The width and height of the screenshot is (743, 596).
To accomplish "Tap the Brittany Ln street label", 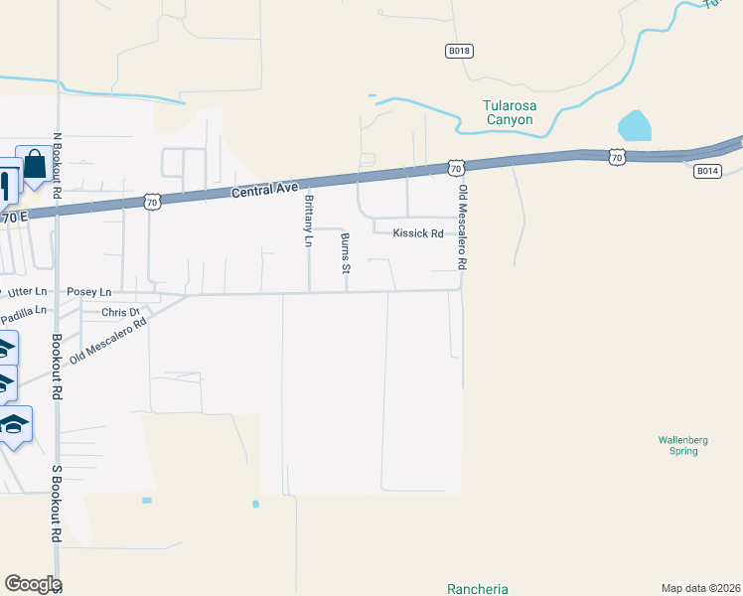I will pyautogui.click(x=308, y=221).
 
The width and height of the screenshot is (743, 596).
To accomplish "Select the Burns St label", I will pyautogui.click(x=346, y=253).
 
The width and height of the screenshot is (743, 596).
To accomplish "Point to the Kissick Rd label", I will pyautogui.click(x=417, y=234).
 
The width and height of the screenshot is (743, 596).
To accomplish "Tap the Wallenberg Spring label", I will pyautogui.click(x=679, y=445).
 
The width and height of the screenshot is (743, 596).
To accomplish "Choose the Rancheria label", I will pyautogui.click(x=478, y=588).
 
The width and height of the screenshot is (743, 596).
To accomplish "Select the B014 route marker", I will pyautogui.click(x=706, y=171).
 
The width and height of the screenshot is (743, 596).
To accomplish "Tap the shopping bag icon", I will pyautogui.click(x=35, y=164).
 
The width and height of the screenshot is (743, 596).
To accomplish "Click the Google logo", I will pyautogui.click(x=33, y=584).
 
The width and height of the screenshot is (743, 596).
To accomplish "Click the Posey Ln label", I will pyautogui.click(x=89, y=292).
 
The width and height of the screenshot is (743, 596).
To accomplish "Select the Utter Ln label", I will pyautogui.click(x=27, y=291).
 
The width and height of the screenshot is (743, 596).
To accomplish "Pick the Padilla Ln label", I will pyautogui.click(x=23, y=315).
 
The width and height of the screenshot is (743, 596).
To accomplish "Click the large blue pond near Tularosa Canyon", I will pyautogui.click(x=634, y=126).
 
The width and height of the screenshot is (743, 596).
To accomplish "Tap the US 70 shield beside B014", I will pyautogui.click(x=617, y=157).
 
